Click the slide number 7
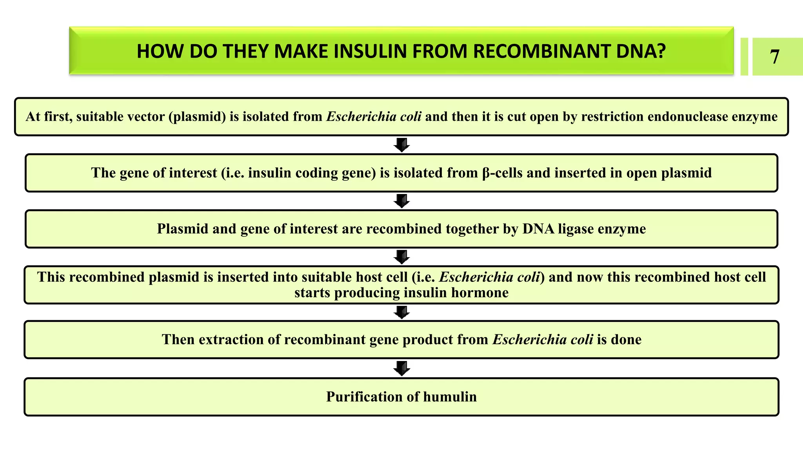pyautogui.click(x=774, y=57)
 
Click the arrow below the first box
pyautogui.click(x=401, y=145)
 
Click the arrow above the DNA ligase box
pyautogui.click(x=401, y=201)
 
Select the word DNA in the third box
pyautogui.click(x=538, y=229)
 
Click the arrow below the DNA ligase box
pyautogui.click(x=401, y=257)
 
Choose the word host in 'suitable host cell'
pyautogui.click(x=369, y=277)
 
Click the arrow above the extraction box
pyautogui.click(x=401, y=312)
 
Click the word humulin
pyautogui.click(x=450, y=397)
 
